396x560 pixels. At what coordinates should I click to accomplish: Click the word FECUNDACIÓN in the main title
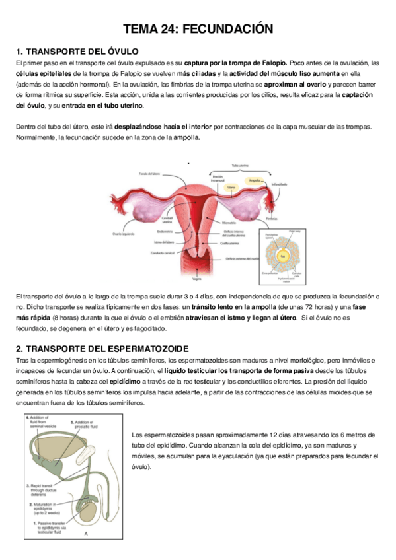click(227, 29)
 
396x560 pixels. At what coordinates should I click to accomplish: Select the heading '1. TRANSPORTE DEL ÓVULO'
click(77, 51)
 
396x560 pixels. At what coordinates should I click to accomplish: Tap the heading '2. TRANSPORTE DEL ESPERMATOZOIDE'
click(102, 348)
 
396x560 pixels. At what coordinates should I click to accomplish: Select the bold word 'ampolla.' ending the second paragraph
click(186, 137)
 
